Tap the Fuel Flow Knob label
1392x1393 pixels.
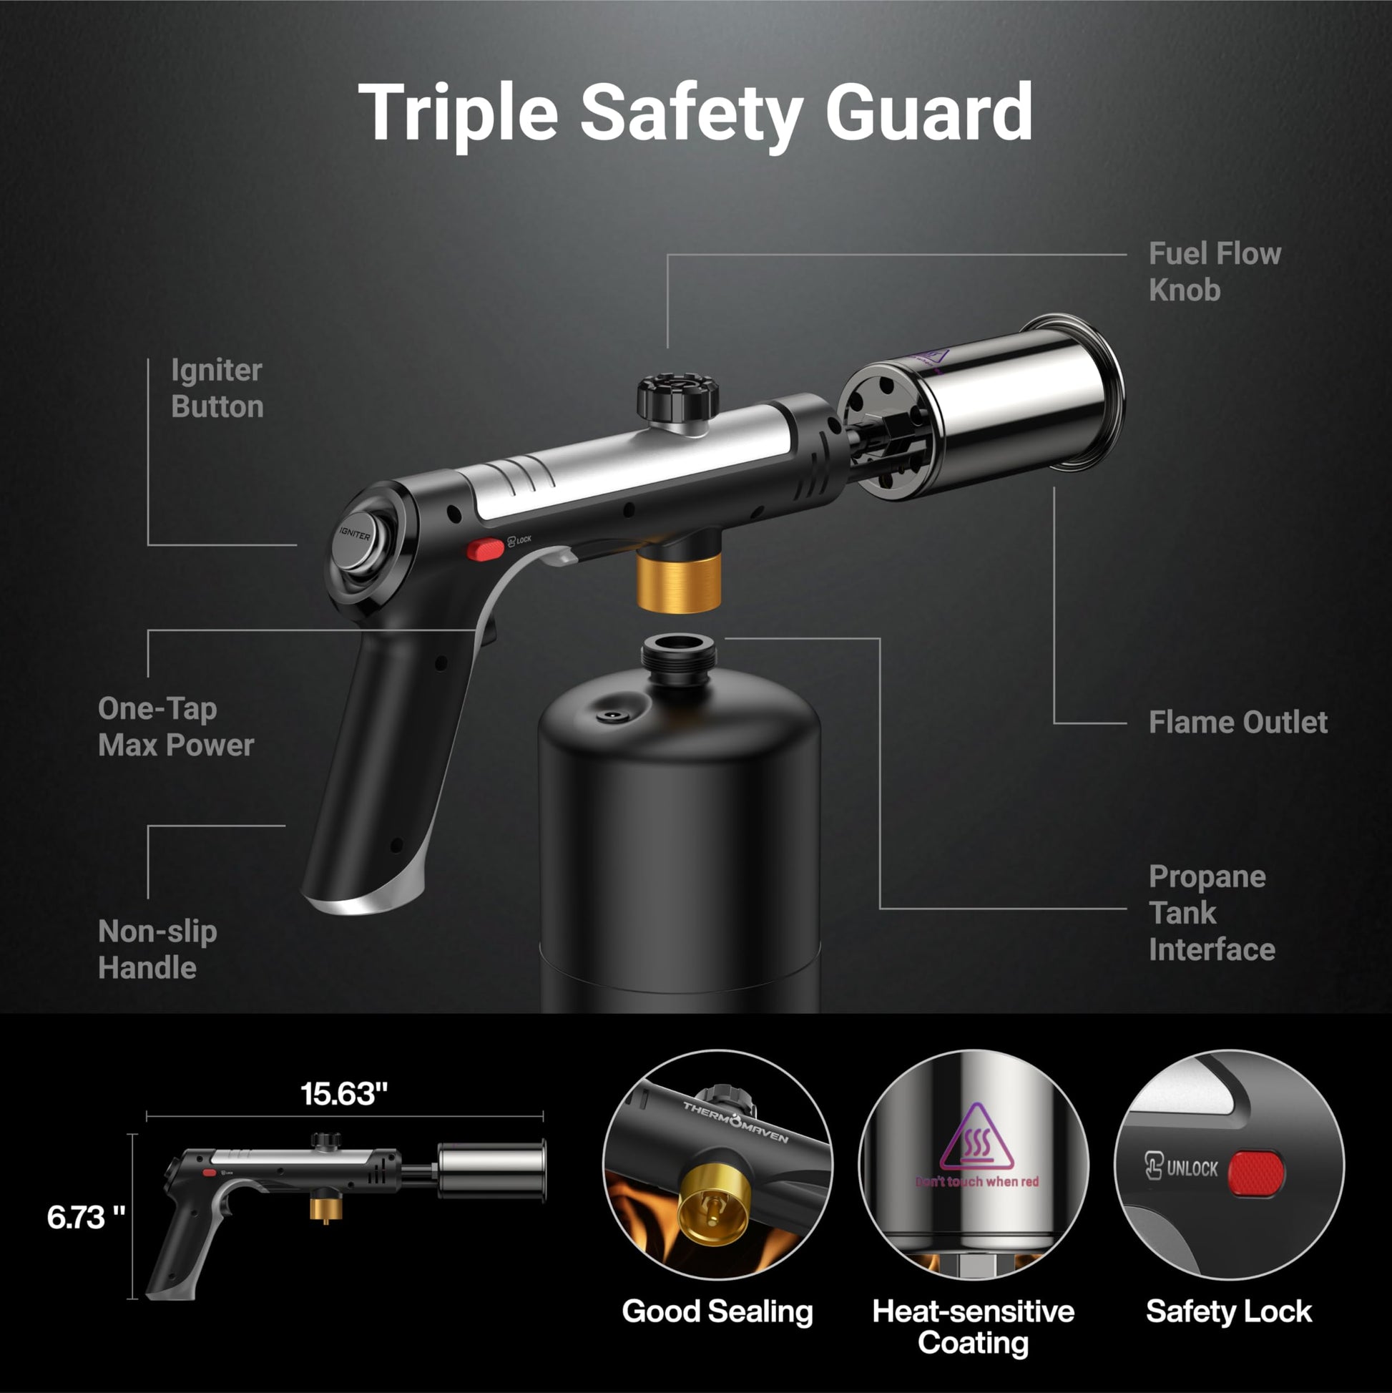1215,272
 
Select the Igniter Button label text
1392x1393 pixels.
217,388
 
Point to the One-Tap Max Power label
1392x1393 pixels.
176,727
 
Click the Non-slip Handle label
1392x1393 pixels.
157,949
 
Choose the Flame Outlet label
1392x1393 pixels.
1237,723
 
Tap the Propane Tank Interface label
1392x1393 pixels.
1212,913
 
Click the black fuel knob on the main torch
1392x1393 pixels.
677,396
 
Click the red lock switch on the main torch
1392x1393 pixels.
485,549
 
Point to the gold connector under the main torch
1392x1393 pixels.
679,582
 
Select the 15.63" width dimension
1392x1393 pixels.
344,1094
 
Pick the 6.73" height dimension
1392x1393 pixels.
86,1218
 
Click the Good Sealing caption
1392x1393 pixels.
717,1311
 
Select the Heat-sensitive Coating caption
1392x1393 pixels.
973,1327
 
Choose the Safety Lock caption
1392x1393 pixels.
1229,1311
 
